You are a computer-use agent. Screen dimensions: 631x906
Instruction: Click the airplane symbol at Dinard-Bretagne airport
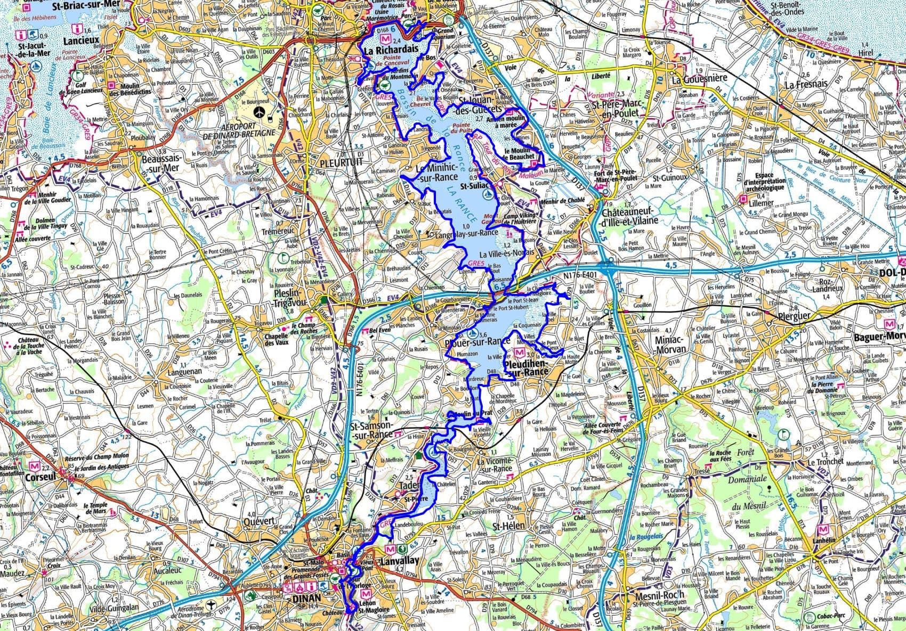click(259, 112)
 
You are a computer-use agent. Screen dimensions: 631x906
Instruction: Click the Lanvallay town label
click(399, 561)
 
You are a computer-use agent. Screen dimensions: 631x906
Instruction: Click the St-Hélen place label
click(509, 526)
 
